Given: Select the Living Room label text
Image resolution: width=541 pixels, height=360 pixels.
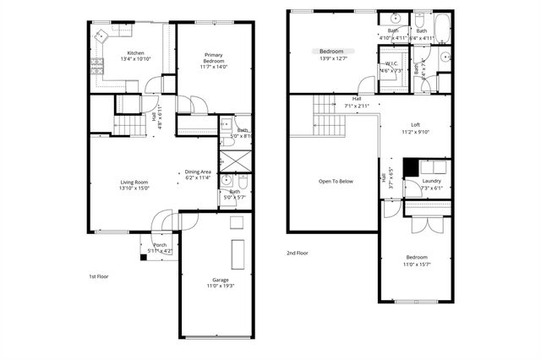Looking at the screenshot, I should (134, 182).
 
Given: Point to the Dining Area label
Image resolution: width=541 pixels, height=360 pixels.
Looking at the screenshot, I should (198, 172).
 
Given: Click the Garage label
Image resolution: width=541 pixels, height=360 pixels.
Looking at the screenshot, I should (220, 281).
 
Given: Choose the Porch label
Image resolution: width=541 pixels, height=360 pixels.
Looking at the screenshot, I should (159, 245).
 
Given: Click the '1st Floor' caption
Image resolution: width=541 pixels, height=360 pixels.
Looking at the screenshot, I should (99, 276).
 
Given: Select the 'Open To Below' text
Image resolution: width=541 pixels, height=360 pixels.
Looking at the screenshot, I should (336, 182).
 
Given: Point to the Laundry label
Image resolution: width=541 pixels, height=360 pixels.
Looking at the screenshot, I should (431, 181).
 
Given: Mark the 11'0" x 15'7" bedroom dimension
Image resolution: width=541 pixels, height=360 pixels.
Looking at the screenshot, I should (416, 265).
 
